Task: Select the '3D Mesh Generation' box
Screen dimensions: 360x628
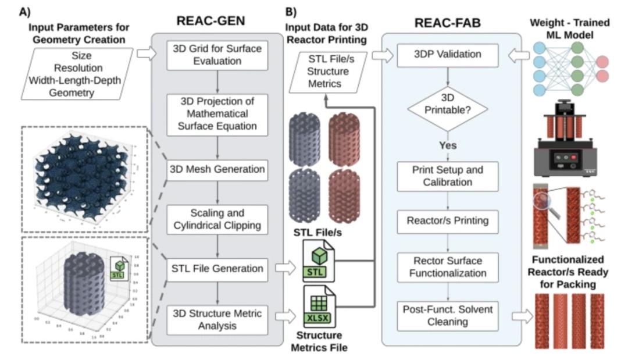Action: click(x=217, y=169)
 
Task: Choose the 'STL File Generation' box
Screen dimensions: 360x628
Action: click(x=217, y=269)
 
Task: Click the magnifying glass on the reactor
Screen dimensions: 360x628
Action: click(x=544, y=206)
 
